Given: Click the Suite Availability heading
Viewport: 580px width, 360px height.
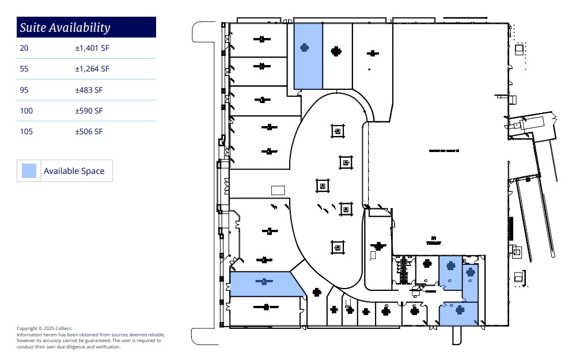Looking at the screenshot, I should tap(65, 27).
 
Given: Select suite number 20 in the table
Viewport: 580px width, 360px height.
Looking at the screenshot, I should tap(24, 48).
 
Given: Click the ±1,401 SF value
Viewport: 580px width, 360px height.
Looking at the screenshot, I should tap(92, 48).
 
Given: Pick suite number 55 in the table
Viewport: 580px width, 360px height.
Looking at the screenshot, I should tap(24, 69).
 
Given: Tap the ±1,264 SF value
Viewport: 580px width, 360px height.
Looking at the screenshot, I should tap(92, 69).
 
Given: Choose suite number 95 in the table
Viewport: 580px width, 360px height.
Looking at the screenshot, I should tap(24, 90).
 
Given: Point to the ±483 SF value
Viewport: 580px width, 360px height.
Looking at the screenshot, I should tap(89, 90).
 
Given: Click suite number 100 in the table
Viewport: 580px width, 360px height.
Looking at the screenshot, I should tap(26, 111).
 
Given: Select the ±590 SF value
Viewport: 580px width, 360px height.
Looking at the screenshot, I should tap(89, 111).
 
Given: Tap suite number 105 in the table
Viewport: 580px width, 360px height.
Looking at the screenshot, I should tap(26, 131).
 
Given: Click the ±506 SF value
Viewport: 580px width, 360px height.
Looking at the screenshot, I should tap(89, 131).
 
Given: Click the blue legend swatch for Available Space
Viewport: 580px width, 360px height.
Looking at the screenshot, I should tap(29, 170).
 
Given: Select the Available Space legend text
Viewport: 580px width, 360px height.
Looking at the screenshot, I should tap(74, 170).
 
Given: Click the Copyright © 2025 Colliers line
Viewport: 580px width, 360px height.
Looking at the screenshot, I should tap(44, 328).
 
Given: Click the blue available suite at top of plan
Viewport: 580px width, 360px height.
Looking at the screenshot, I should tap(308, 56).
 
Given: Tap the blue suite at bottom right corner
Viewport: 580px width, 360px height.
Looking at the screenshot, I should tap(459, 314).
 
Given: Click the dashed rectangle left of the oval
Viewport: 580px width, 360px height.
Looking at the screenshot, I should tap(278, 190).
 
